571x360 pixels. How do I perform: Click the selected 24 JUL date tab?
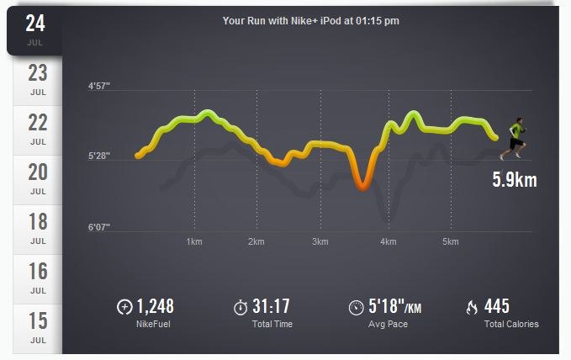[x=35, y=29]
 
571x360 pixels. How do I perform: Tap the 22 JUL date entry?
[x=37, y=128]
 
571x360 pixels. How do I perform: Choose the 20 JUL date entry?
[x=37, y=177]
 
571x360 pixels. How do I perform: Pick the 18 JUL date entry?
[x=37, y=227]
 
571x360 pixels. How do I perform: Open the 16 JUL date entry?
[x=37, y=277]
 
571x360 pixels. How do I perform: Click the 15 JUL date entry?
[x=37, y=326]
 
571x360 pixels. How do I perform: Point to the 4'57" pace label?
[x=99, y=87]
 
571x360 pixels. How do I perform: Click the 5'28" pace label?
[x=99, y=156]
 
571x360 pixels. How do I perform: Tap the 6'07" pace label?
[x=99, y=226]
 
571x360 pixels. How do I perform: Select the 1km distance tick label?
[x=193, y=241]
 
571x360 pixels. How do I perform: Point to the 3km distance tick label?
[x=319, y=241]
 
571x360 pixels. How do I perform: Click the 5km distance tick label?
[x=450, y=241]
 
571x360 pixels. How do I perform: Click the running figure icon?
[x=514, y=138]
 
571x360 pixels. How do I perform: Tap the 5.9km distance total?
[x=514, y=179]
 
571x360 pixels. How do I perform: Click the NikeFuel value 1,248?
[x=155, y=306]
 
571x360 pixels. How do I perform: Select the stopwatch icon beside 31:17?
[x=240, y=307]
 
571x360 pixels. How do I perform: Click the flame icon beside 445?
[x=471, y=307]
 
